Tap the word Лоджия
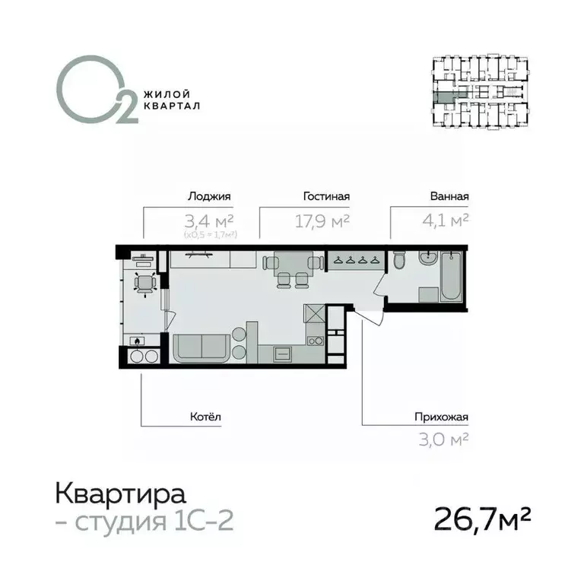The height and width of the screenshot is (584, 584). tap(208, 196)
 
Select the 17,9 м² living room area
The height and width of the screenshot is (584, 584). tap(321, 221)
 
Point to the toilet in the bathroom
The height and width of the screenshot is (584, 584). tap(399, 263)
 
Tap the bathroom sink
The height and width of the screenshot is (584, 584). tap(427, 258)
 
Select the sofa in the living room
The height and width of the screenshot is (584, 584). tap(202, 349)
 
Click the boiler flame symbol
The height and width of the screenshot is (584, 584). tap(137, 341)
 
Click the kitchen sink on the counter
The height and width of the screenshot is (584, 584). tap(281, 354)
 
